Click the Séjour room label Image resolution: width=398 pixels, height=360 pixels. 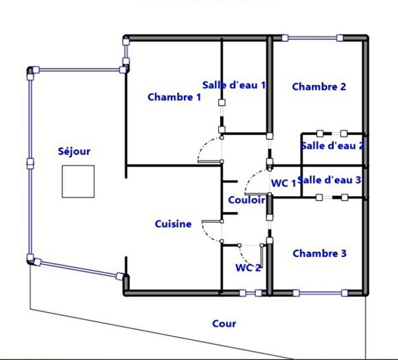[x=74, y=152]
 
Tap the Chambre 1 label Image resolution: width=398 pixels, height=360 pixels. [x=174, y=97]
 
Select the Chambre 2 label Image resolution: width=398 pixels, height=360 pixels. [x=318, y=86]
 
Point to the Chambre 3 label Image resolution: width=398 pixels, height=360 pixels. [x=319, y=254]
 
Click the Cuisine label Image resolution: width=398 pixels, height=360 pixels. [x=173, y=224]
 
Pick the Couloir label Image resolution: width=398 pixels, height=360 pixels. [x=246, y=200]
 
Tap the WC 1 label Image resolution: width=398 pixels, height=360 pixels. [x=283, y=183]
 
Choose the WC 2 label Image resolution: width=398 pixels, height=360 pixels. [x=248, y=267]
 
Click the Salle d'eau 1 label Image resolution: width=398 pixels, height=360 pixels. [x=234, y=85]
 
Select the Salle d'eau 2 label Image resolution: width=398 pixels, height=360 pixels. [x=333, y=145]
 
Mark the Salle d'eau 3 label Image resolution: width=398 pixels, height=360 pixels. [x=330, y=180]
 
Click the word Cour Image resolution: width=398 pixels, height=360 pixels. [x=224, y=324]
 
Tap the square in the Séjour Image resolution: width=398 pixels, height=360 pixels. [x=78, y=181]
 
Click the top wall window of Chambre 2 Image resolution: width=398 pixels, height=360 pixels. [x=312, y=37]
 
